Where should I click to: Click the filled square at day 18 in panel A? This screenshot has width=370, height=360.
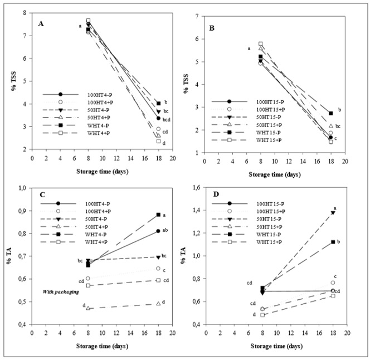click(x=158, y=103)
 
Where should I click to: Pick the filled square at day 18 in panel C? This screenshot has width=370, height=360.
click(x=158, y=215)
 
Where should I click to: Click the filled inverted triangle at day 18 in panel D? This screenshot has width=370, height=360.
click(x=333, y=213)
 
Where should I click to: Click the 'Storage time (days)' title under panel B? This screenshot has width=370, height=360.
click(x=275, y=169)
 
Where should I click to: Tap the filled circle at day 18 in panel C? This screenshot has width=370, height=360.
click(x=158, y=231)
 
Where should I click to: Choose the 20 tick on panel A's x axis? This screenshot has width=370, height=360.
click(x=172, y=158)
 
